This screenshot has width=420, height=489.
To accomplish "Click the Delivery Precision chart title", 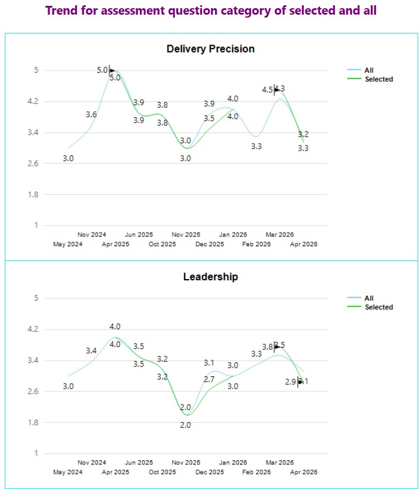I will [x=210, y=49].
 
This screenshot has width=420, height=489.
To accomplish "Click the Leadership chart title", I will [x=210, y=277].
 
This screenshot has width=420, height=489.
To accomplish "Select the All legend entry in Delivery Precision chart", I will [x=369, y=70].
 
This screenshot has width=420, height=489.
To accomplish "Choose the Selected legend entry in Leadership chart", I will [x=379, y=307].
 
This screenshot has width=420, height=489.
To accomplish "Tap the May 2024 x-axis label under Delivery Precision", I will [x=68, y=244].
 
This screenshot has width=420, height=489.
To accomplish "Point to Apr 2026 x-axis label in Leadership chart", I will [x=303, y=472].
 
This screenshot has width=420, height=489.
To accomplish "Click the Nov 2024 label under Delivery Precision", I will [x=92, y=235].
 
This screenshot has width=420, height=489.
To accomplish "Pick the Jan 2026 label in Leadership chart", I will [x=233, y=463].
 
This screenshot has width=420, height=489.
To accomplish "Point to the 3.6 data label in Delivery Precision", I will [x=91, y=115].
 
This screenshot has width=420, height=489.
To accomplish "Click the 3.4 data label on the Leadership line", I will [x=91, y=351].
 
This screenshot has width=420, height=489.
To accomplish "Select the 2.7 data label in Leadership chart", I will [x=209, y=379].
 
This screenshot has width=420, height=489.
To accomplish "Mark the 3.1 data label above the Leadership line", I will [x=209, y=363].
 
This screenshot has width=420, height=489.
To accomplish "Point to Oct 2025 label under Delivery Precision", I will [x=162, y=244].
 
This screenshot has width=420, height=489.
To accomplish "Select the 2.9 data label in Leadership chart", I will [x=291, y=382].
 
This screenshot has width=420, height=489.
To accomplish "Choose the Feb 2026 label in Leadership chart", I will [x=257, y=472].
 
